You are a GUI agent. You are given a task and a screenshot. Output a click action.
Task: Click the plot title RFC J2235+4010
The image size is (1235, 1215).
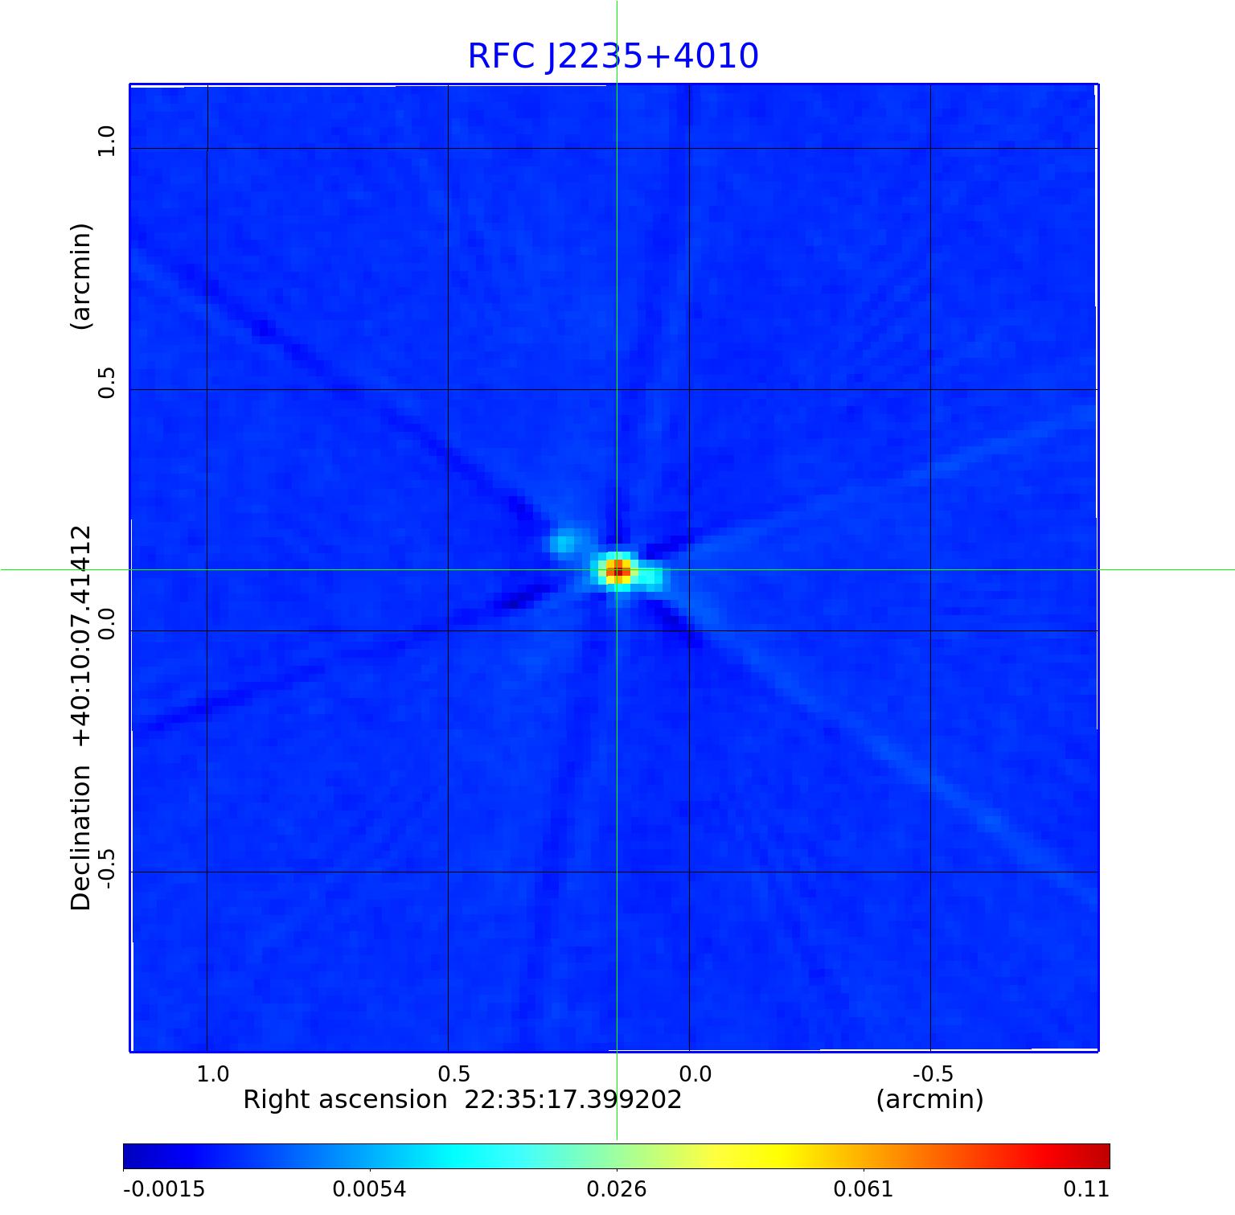coord(613,56)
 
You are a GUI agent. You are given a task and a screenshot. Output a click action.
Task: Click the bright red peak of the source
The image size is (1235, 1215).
coord(617,571)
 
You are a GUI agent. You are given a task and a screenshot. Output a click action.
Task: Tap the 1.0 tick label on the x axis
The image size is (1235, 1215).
coord(213,1074)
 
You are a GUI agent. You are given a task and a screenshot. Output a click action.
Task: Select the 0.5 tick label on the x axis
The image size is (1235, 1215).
coord(453,1074)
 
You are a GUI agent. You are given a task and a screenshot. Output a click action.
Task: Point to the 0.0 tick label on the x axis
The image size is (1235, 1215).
coord(695,1074)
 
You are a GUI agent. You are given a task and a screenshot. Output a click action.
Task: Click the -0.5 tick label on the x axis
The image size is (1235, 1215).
coord(933,1074)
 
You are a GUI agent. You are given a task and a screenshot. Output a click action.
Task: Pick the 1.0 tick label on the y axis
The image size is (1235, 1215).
coord(107,141)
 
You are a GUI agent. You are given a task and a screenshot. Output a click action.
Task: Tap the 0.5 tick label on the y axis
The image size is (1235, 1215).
coord(107,382)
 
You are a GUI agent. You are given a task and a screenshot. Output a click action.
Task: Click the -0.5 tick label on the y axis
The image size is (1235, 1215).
coord(107,868)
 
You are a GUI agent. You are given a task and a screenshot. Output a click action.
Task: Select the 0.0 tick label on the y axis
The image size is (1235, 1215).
coord(107,623)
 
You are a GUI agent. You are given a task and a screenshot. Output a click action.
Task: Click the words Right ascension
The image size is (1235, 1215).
coord(344,1099)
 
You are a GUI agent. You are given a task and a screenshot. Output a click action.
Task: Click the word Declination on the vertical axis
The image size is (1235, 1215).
coord(81,838)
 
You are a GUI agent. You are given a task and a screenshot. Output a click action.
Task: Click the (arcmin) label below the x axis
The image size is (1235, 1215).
coord(929,1099)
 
